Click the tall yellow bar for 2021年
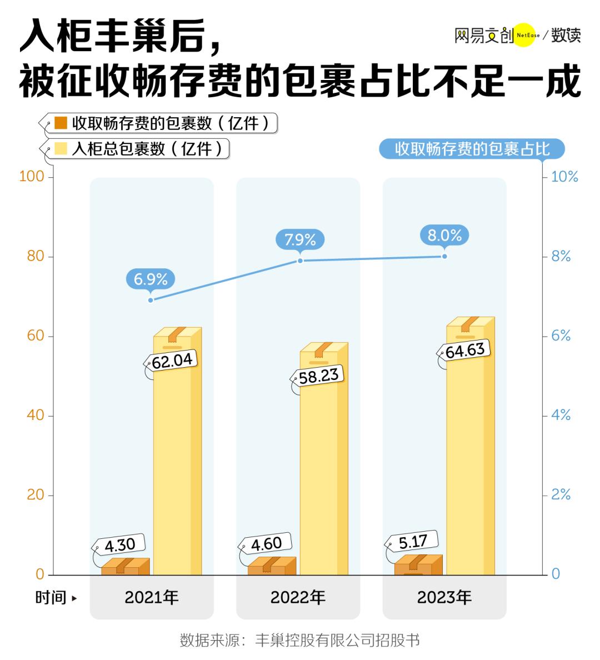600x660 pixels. click(177, 456)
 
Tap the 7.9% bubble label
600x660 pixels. click(300, 239)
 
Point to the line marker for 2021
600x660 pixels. click(151, 300)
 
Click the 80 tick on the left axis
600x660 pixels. click(36, 257)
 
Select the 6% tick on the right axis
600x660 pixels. click(560, 336)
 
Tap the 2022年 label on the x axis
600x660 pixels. click(298, 597)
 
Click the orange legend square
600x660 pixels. click(61, 123)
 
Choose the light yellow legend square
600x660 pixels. click(61, 149)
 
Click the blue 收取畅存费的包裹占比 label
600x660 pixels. click(472, 149)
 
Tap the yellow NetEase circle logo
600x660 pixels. click(523, 35)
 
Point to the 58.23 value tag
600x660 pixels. click(318, 376)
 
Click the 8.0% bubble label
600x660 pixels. click(444, 235)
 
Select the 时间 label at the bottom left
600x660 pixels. click(51, 598)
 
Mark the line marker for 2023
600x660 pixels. click(444, 256)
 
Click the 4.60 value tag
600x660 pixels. click(266, 543)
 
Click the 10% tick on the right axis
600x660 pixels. click(564, 177)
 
